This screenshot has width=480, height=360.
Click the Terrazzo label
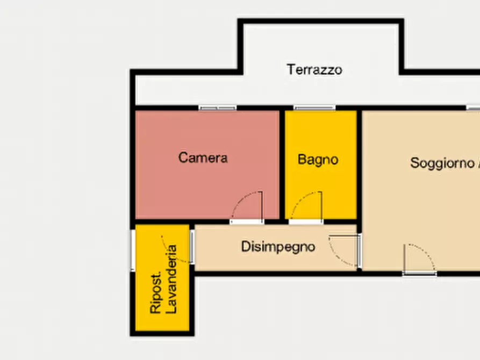coord(314,69)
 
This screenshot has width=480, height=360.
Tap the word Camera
coord(203,157)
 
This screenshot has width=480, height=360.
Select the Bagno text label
coord(318,159)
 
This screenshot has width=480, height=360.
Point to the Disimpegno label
coord(277,247)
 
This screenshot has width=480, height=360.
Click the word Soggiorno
coord(442,162)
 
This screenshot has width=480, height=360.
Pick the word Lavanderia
coord(172,279)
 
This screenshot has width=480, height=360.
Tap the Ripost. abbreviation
coord(156,295)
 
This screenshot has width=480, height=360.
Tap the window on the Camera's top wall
coord(218,108)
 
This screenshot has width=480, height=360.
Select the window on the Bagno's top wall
coord(314,108)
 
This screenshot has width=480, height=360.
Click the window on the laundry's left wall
coord(133,250)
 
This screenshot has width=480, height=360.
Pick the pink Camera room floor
coord(183,188)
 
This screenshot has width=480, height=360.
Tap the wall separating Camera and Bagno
coord(282,161)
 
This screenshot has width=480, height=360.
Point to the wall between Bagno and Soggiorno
coord(359,161)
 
